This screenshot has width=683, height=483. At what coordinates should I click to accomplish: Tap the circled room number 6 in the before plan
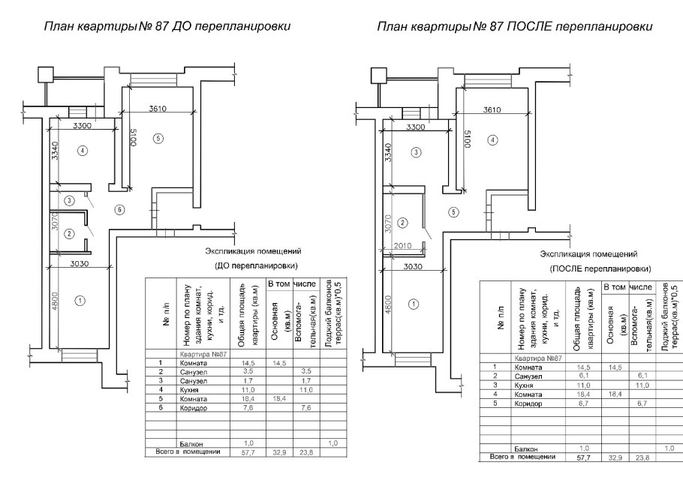click(x=119, y=209)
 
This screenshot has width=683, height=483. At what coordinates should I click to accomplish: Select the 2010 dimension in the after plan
click(x=402, y=244)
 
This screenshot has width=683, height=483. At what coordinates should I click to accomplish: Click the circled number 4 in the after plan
click(x=492, y=139)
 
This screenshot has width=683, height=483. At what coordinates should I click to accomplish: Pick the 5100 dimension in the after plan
click(x=466, y=139)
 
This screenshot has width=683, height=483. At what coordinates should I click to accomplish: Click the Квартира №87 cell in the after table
click(x=534, y=358)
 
